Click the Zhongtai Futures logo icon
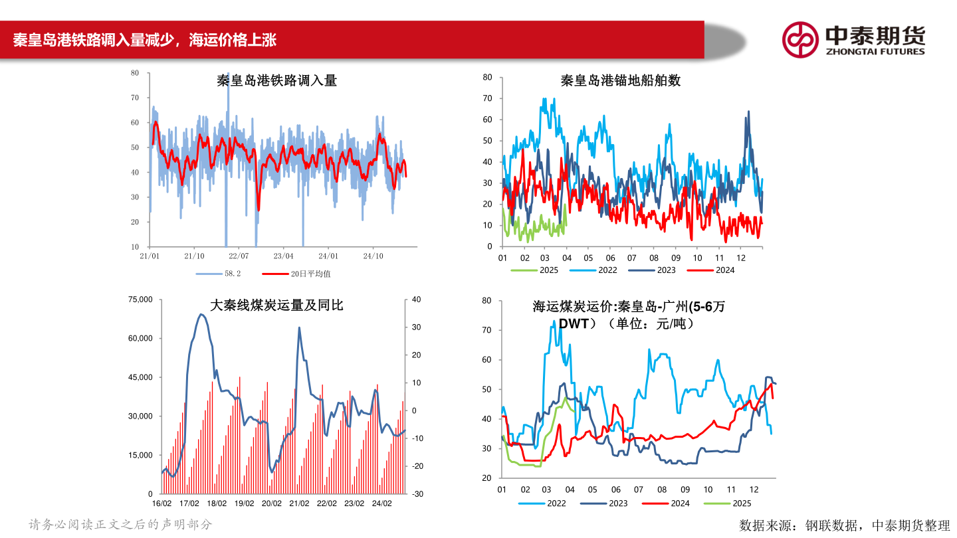click(799, 39)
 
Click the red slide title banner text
click(144, 40)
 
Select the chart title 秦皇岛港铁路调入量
click(276, 81)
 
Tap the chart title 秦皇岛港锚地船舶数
click(620, 81)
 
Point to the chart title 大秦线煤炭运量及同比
click(276, 306)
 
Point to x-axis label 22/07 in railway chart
click(239, 256)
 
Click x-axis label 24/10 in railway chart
click(373, 256)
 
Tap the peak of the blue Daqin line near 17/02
click(201, 314)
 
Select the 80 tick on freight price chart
click(486, 300)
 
